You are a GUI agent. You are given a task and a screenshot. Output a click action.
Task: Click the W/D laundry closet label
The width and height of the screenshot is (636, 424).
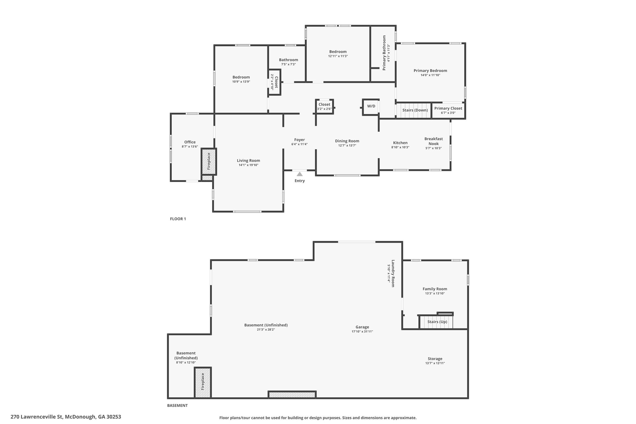[x=371, y=106]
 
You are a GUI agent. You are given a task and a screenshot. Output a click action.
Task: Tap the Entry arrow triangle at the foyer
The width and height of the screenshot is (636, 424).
[x=300, y=174]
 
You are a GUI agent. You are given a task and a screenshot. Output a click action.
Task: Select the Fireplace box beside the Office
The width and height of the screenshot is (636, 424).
[x=209, y=162]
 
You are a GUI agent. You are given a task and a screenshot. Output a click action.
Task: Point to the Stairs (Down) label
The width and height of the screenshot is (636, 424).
[x=415, y=110]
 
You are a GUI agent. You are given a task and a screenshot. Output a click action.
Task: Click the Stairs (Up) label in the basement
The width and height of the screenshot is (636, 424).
[x=437, y=322]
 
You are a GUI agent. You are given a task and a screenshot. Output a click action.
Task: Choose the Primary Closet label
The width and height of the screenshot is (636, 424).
[x=448, y=108]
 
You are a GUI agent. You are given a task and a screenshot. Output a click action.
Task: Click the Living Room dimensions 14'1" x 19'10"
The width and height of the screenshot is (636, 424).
[x=248, y=165]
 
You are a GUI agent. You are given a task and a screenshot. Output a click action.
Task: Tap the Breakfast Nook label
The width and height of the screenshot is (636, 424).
[x=434, y=141]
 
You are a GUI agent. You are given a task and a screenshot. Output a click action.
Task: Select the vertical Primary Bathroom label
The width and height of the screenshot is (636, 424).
[x=384, y=53]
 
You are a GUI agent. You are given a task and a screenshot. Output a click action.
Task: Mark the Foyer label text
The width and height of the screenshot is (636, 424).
[x=300, y=140]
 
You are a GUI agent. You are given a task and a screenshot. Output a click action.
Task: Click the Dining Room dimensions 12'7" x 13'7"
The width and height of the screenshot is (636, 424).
[x=347, y=145]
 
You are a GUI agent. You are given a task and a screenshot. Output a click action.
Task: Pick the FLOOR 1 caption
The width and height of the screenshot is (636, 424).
[x=178, y=219]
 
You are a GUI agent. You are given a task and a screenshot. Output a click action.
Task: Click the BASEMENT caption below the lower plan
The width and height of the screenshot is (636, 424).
[x=177, y=405]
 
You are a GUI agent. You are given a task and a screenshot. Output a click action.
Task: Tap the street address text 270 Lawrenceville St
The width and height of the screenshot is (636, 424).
[x=37, y=417]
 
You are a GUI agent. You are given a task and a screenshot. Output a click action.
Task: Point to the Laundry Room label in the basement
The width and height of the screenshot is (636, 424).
[x=393, y=273]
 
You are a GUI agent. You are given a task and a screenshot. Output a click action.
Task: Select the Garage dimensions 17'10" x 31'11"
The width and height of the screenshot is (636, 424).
[x=362, y=331]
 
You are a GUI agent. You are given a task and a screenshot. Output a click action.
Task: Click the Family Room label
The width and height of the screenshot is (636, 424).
[x=435, y=289]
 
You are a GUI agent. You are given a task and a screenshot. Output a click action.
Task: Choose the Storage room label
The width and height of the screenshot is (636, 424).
[x=435, y=359]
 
